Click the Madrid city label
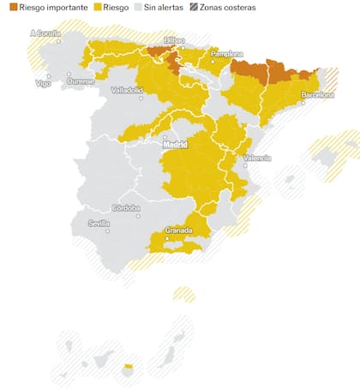coord(175,144)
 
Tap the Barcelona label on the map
coord(317,95)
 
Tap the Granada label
coord(177,230)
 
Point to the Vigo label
coord(42,83)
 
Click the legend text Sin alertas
coord(163,7)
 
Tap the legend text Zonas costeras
coord(226,7)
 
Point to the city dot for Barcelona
coord(302,101)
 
